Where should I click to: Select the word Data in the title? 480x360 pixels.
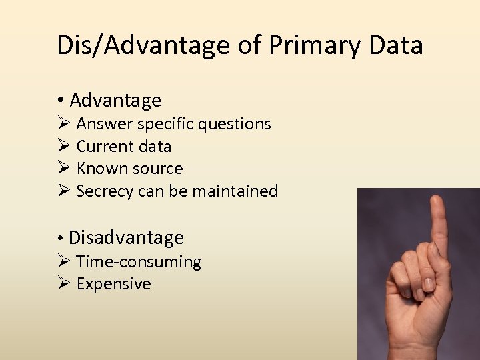tap(399, 46)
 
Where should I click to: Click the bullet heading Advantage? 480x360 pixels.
tap(115, 101)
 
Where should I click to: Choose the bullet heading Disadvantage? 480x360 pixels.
tap(126, 237)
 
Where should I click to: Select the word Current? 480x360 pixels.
tap(105, 146)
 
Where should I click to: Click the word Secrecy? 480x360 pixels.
tap(105, 191)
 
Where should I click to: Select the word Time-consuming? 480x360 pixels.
tap(139, 262)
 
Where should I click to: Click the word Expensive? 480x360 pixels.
tap(114, 284)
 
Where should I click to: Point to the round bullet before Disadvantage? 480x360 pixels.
tap(60, 238)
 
